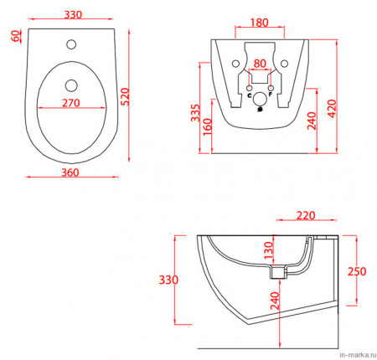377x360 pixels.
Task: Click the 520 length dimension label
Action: click(x=126, y=96)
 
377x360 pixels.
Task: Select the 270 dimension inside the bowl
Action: click(x=71, y=103)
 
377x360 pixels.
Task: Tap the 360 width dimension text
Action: click(x=70, y=172)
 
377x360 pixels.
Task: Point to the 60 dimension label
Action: click(x=16, y=36)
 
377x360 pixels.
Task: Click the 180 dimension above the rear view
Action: click(x=259, y=23)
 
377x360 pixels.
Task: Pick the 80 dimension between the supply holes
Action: click(x=260, y=64)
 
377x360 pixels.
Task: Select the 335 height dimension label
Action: click(x=195, y=113)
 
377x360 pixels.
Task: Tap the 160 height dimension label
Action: click(x=207, y=127)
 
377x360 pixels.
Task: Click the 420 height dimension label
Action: click(x=332, y=109)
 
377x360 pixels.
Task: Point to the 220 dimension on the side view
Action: click(x=306, y=215)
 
